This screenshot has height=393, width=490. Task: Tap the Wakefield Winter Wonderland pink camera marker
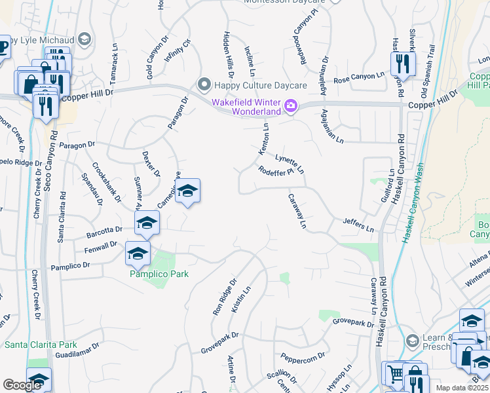point(290,105)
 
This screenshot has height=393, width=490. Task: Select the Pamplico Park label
point(159,273)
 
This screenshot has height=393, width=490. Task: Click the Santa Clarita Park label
point(41,345)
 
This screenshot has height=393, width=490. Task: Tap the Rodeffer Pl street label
point(274,172)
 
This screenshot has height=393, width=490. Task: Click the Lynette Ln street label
point(290,163)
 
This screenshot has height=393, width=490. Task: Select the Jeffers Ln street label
point(358,226)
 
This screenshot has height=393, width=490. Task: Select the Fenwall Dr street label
point(101,248)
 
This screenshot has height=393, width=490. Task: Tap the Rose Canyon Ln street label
point(358,78)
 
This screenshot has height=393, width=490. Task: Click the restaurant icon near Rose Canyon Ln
point(401,64)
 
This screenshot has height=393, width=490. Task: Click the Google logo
point(22,385)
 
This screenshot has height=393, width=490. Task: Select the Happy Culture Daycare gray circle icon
point(204,84)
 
